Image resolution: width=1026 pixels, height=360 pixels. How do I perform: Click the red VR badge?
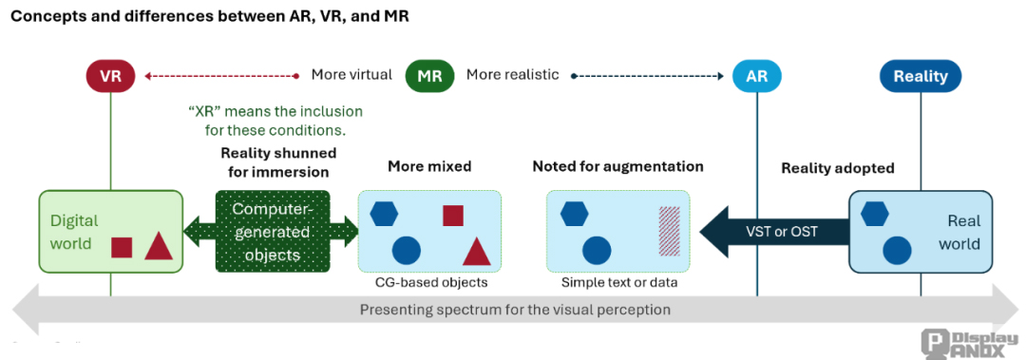(x=110, y=75)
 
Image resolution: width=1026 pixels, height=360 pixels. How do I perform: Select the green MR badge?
(x=429, y=75)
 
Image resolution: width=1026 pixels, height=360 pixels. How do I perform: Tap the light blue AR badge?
(x=756, y=75)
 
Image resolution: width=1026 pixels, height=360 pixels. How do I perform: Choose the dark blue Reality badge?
(x=921, y=75)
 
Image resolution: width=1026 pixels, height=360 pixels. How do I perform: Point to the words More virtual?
(x=351, y=75)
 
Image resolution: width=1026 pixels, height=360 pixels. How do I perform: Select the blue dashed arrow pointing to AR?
(x=645, y=75)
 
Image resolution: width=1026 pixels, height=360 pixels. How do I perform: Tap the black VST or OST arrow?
(x=772, y=231)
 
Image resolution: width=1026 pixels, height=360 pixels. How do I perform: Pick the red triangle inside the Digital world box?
(x=159, y=246)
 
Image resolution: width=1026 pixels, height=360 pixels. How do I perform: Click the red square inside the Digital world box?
(x=122, y=247)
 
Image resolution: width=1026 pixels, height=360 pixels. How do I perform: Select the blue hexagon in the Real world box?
(x=874, y=214)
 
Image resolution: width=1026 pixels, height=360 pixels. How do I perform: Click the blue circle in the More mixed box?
(x=406, y=251)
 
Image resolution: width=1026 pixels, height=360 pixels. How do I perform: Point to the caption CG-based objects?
(x=428, y=282)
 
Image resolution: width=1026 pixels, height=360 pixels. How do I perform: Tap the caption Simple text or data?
(x=617, y=282)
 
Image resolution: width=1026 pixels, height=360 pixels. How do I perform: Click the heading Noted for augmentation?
(x=617, y=166)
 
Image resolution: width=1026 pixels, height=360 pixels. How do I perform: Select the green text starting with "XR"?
(x=275, y=121)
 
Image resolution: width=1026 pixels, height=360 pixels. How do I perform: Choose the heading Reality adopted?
(x=838, y=168)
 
